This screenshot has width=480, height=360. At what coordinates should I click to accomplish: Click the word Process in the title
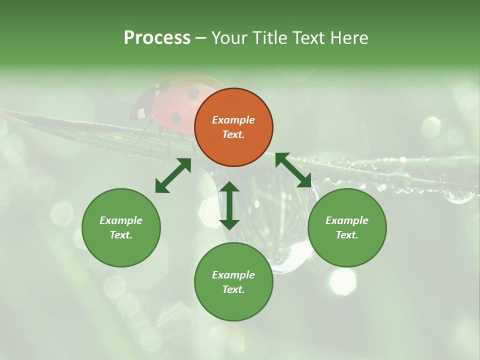tap(157, 38)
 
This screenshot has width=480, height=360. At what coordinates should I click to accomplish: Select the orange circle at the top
tap(233, 127)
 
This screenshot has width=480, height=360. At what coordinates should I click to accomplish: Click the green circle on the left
tap(121, 227)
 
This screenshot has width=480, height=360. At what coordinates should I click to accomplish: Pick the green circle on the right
tap(347, 227)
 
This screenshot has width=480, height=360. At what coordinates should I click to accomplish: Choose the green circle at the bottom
tap(233, 282)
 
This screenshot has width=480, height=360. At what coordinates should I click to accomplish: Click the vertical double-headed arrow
tap(229, 205)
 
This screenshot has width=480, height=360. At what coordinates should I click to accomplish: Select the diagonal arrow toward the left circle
tap(173, 175)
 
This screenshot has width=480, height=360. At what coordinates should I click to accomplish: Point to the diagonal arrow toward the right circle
tap(293, 170)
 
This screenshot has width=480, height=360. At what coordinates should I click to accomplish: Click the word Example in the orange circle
tap(233, 120)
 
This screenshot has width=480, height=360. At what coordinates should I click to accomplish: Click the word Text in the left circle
tap(121, 235)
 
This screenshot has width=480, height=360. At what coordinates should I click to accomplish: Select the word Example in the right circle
tap(347, 220)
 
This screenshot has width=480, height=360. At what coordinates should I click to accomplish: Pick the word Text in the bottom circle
tap(233, 289)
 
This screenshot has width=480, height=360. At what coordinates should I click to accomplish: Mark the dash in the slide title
tap(200, 38)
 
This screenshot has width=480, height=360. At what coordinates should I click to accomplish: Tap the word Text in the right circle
tap(347, 235)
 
